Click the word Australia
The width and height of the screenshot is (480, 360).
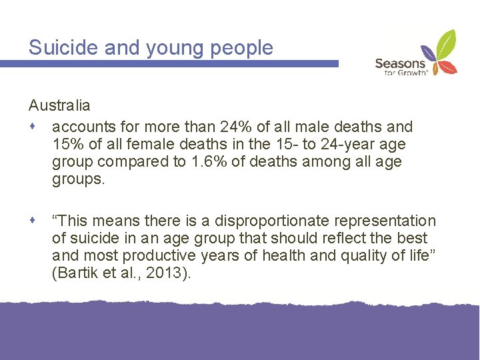coord(59,105)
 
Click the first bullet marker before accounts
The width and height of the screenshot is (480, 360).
coord(33,126)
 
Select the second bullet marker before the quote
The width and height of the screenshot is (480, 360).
coord(33,220)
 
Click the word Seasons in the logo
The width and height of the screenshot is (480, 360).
coord(400,63)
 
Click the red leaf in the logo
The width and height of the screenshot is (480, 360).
coord(450,67)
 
